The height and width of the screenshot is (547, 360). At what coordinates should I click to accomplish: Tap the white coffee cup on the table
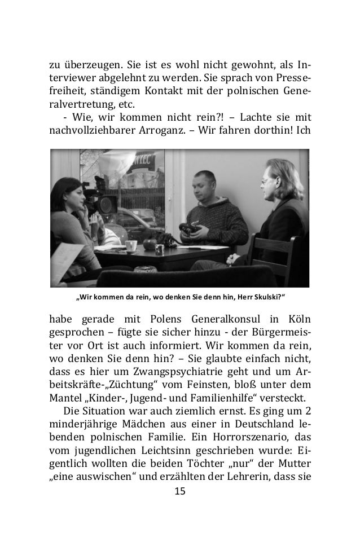click(131, 246)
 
